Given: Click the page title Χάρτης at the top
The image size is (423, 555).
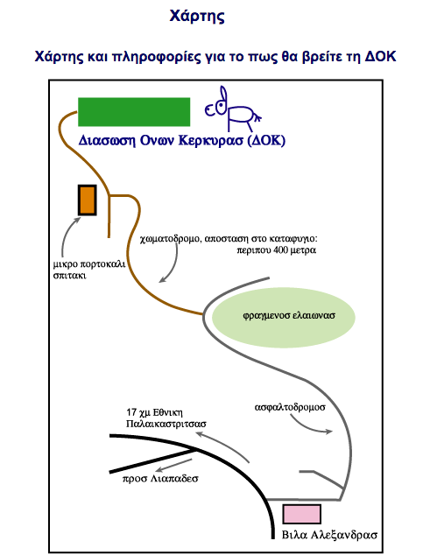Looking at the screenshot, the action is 197,17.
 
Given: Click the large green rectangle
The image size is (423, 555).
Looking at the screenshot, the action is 134,112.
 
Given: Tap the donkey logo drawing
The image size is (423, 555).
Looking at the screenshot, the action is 233,109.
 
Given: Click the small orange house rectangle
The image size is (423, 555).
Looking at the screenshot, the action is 87,200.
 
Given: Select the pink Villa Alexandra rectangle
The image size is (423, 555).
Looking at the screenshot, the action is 301,514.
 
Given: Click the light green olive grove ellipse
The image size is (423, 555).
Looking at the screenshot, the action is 283,317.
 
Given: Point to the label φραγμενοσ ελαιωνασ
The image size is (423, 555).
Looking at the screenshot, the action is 289,315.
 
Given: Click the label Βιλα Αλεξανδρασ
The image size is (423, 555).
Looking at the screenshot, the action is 329,535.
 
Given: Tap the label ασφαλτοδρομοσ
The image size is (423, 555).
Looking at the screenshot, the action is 290,407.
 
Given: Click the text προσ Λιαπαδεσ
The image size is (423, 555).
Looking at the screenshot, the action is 160,479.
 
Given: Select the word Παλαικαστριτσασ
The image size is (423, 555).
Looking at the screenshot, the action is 166,424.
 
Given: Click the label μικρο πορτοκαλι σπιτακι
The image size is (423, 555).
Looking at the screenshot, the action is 89,270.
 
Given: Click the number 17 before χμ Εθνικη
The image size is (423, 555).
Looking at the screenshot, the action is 131,412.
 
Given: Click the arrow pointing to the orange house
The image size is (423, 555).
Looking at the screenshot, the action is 68,236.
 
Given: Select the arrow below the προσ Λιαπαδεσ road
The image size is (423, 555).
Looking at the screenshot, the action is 173,467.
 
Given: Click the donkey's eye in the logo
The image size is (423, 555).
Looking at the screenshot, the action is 221,106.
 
